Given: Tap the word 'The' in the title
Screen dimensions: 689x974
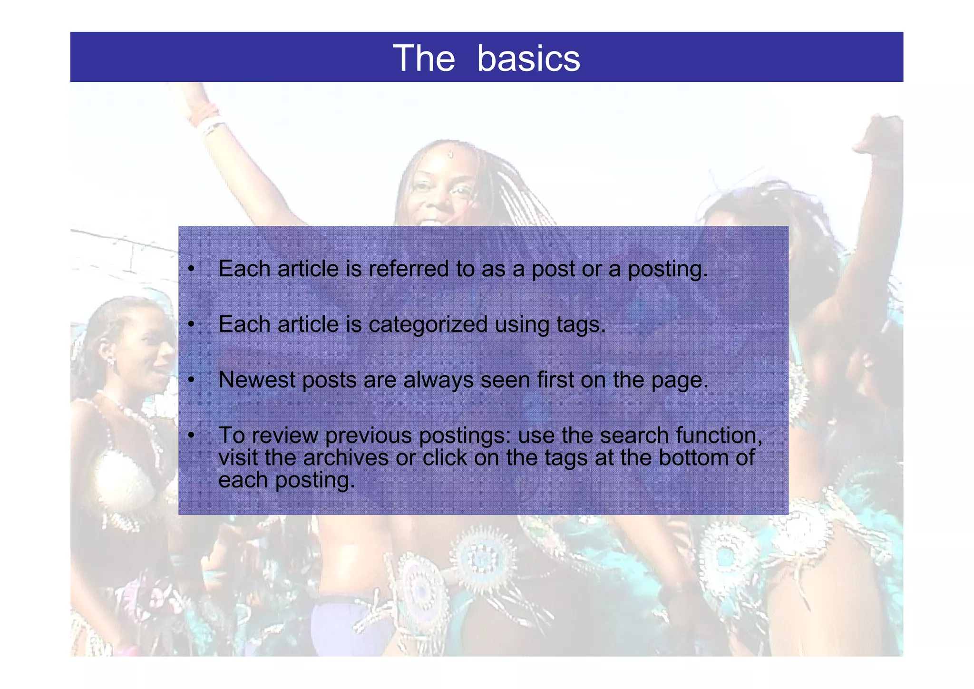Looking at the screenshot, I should (x=424, y=58).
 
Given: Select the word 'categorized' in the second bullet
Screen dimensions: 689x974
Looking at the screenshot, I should (x=428, y=325).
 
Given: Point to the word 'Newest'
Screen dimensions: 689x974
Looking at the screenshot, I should (x=257, y=380).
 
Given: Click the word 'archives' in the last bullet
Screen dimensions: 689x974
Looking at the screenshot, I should (x=346, y=458).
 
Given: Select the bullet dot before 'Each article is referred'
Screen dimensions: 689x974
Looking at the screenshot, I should (x=191, y=269).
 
